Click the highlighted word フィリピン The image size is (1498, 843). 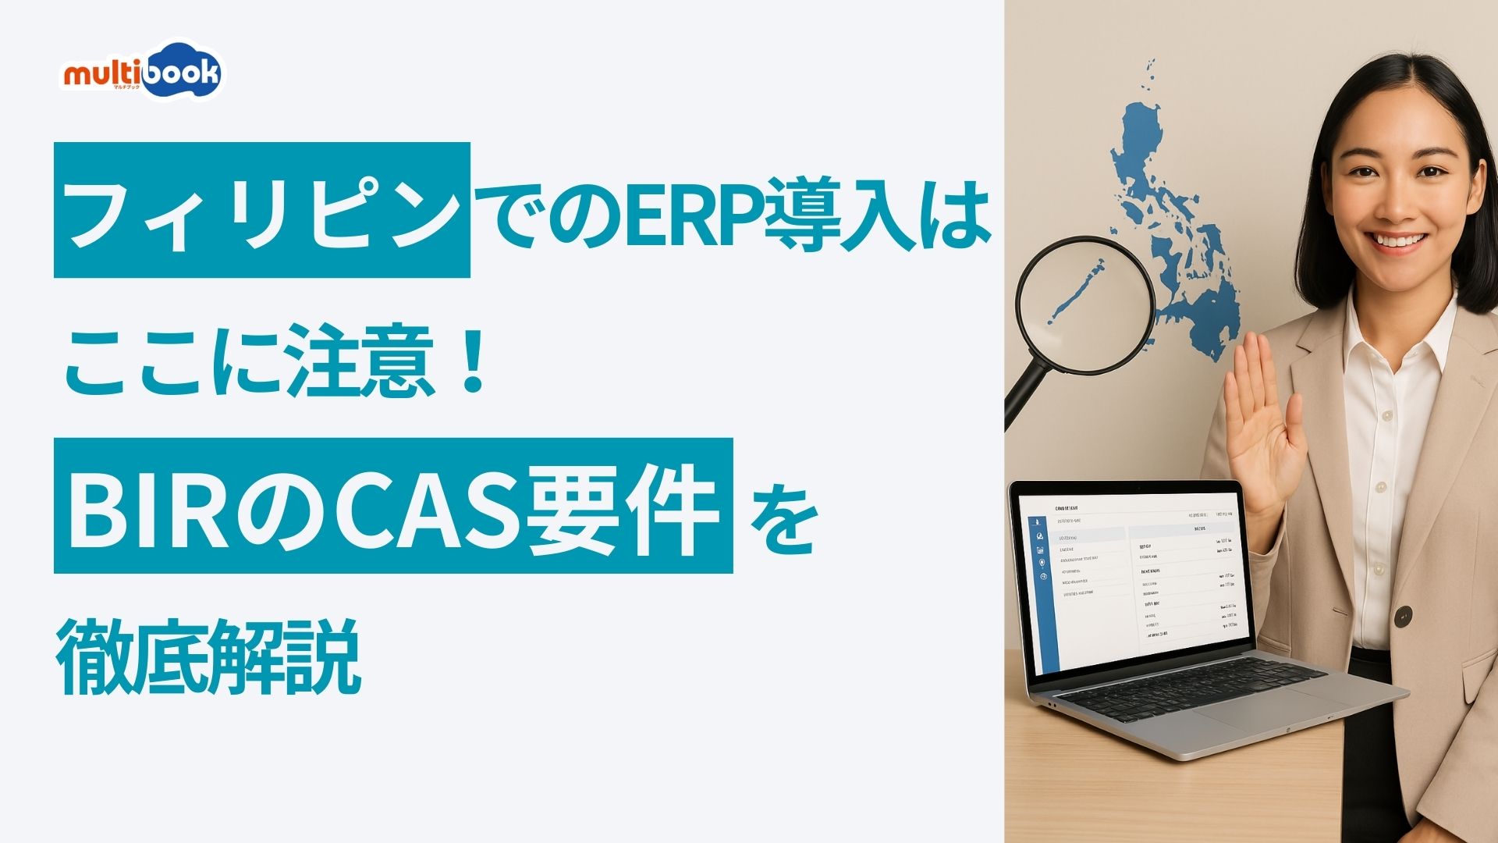(262, 211)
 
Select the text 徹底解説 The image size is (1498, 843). (209, 656)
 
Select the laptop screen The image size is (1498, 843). (1139, 578)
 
